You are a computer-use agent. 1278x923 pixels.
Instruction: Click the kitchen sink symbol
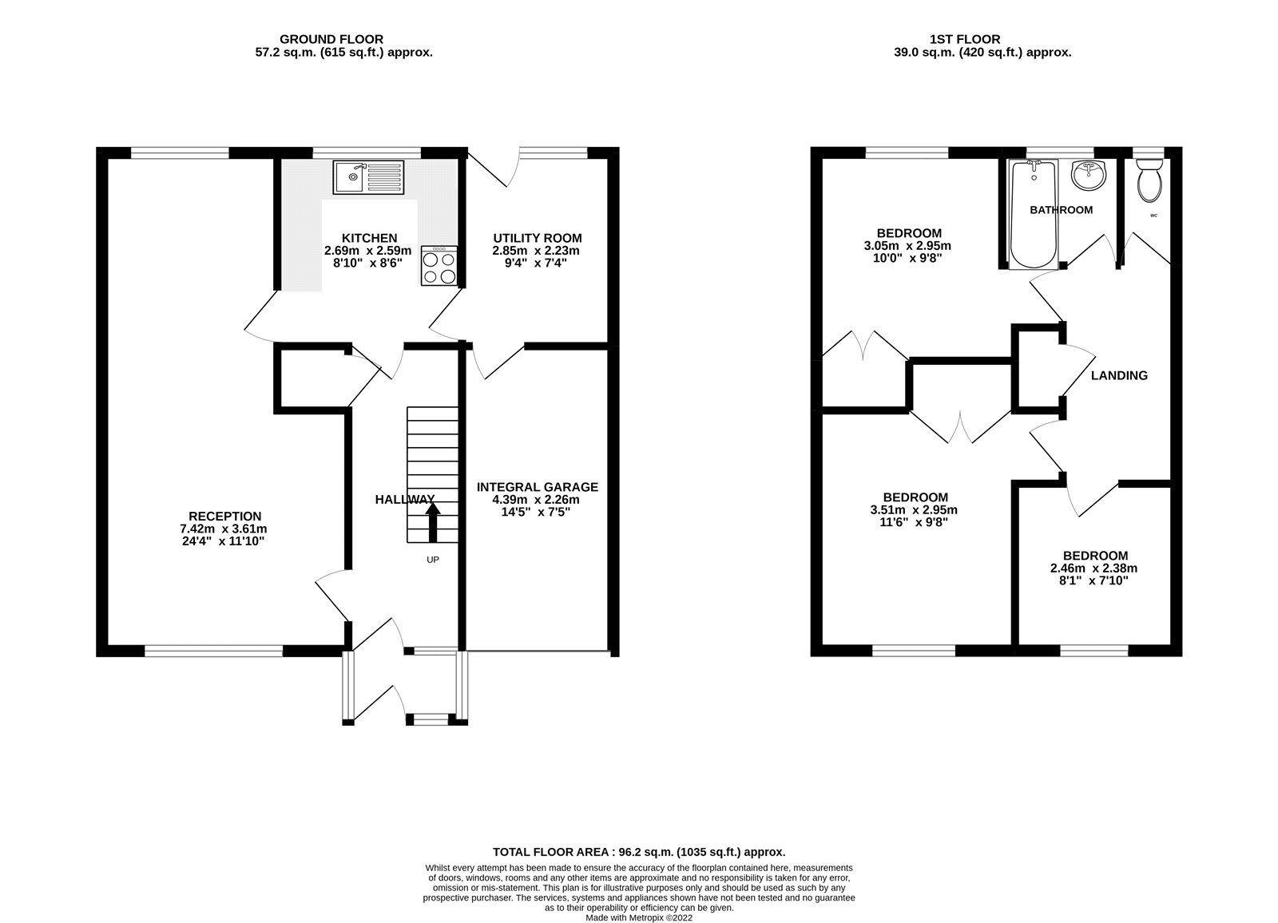click(370, 176)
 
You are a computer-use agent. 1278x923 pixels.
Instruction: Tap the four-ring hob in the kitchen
click(439, 267)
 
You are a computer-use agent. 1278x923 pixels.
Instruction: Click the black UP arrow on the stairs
click(432, 523)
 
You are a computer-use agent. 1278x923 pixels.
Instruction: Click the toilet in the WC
click(1149, 180)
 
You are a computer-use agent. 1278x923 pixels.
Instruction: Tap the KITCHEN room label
click(369, 238)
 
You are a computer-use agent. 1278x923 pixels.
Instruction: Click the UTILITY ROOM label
click(537, 238)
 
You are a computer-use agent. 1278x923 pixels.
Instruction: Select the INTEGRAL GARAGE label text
click(537, 487)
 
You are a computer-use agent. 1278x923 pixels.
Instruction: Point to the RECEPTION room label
click(224, 517)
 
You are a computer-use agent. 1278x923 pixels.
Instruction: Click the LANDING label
click(1119, 375)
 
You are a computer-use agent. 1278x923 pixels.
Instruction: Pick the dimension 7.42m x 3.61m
click(224, 529)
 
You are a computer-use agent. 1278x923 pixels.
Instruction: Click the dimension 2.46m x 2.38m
click(1093, 568)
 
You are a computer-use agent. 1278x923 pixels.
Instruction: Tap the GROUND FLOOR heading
click(331, 39)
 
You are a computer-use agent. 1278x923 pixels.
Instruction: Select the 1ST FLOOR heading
click(965, 39)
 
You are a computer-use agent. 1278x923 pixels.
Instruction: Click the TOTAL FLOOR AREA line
click(638, 852)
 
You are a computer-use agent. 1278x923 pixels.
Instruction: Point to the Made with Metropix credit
click(638, 917)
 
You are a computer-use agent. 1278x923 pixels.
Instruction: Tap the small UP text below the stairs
click(432, 560)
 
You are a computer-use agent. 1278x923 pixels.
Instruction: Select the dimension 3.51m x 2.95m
click(914, 510)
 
